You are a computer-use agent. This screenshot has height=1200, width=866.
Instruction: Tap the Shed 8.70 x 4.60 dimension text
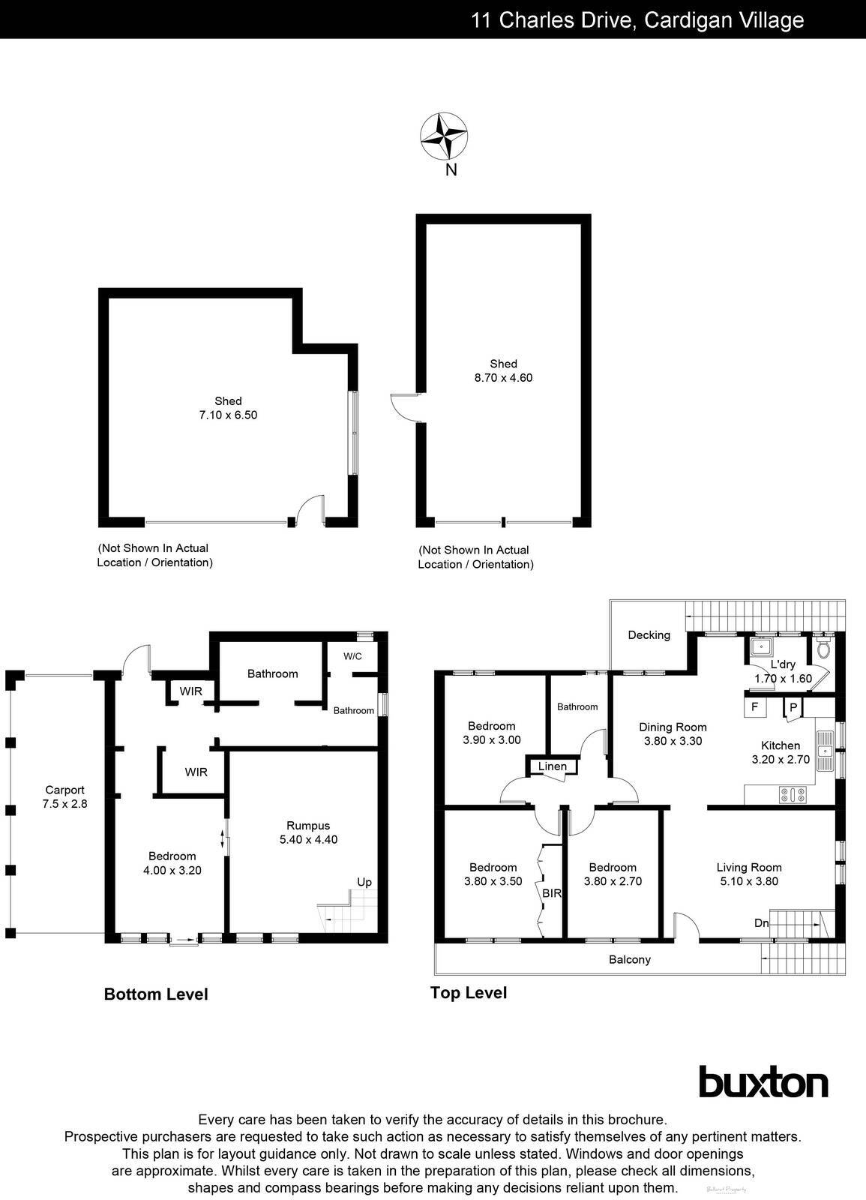[503, 378]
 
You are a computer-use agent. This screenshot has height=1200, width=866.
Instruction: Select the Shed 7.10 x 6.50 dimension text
[228, 415]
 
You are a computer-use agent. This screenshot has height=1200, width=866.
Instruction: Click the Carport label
[64, 790]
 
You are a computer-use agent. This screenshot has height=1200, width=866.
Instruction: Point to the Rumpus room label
[308, 826]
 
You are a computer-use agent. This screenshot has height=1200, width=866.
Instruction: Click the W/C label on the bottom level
[352, 656]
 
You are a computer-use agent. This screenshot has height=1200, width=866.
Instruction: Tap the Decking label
[649, 635]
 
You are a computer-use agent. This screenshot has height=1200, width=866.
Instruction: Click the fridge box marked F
[754, 706]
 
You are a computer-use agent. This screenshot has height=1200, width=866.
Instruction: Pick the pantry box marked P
[793, 707]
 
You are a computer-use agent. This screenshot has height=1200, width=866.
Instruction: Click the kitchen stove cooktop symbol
[792, 794]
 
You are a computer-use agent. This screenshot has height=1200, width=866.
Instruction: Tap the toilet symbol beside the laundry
[824, 648]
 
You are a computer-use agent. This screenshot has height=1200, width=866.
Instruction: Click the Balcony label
[629, 959]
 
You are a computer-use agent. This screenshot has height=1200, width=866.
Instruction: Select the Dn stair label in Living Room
[761, 923]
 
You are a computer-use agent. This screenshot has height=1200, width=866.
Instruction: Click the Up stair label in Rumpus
[364, 882]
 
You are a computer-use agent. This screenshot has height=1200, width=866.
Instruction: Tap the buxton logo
[763, 1082]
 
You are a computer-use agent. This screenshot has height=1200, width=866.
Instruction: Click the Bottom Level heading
[155, 994]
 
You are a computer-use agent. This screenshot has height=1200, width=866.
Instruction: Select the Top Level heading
[468, 993]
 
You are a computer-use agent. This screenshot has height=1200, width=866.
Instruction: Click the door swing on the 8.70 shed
[405, 406]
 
